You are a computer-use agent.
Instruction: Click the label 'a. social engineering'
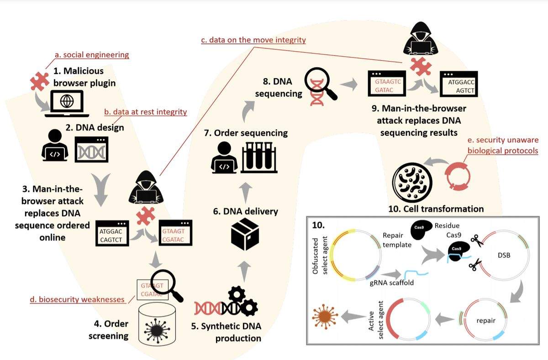tap(92, 55)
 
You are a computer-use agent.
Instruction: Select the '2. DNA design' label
tap(95, 127)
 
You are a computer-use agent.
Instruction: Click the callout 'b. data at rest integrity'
tap(146, 112)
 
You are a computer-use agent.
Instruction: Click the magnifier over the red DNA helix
tap(321, 84)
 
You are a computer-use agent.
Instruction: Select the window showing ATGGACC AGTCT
tap(458, 85)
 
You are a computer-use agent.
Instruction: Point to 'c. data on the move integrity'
tap(253, 40)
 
